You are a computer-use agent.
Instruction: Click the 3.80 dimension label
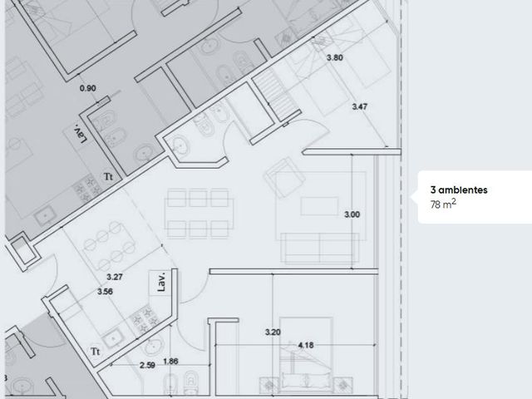click(334, 57)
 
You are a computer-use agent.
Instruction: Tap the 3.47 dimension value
click(359, 106)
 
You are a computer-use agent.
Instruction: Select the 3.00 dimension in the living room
click(352, 214)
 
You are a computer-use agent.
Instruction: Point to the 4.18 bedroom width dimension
click(306, 346)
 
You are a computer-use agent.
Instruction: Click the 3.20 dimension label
click(273, 332)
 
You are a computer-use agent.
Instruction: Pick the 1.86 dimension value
click(170, 362)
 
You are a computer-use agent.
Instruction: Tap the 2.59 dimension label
click(147, 366)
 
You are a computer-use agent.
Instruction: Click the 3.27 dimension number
click(115, 277)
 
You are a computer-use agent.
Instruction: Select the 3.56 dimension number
click(105, 292)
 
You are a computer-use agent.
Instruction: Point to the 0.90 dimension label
click(87, 88)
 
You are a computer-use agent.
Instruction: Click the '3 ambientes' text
click(459, 190)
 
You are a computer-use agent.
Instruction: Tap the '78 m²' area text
click(443, 204)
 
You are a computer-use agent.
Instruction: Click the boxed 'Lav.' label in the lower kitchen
click(161, 282)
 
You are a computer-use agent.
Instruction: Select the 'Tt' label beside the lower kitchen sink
click(96, 352)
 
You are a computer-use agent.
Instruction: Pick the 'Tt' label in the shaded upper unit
click(108, 177)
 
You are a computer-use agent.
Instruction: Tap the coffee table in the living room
click(319, 206)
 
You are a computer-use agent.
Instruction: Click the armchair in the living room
click(284, 177)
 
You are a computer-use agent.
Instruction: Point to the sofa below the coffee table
click(320, 248)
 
